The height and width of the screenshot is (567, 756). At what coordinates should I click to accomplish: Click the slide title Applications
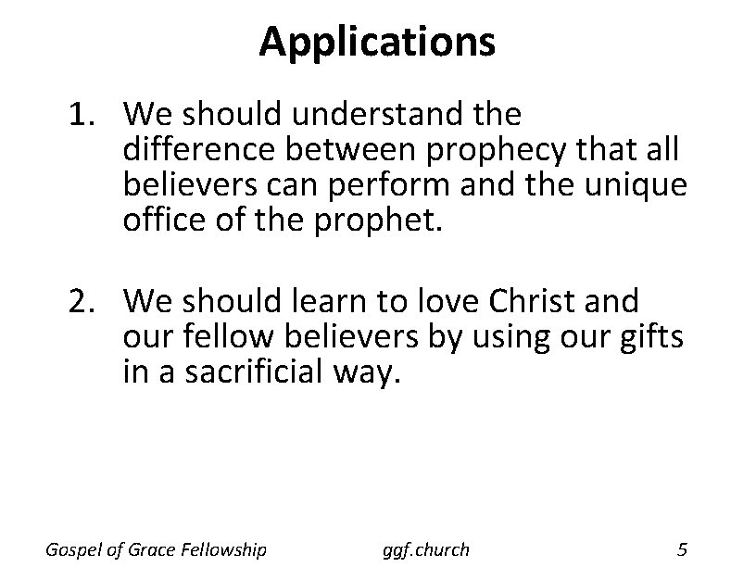tap(377, 42)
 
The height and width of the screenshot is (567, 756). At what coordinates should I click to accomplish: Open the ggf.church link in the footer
tap(425, 550)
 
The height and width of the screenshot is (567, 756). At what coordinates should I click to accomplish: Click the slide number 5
tap(682, 550)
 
